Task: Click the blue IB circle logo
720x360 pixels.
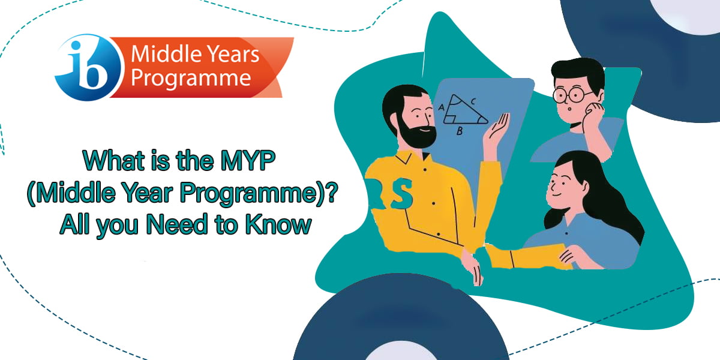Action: [88, 67]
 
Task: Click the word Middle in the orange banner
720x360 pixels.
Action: [163, 53]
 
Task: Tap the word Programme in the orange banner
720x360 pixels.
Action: [191, 79]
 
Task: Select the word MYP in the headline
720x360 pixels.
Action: [248, 160]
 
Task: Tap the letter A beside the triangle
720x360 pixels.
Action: [442, 107]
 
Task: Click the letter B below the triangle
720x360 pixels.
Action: [460, 131]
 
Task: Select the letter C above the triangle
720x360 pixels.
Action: [473, 101]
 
